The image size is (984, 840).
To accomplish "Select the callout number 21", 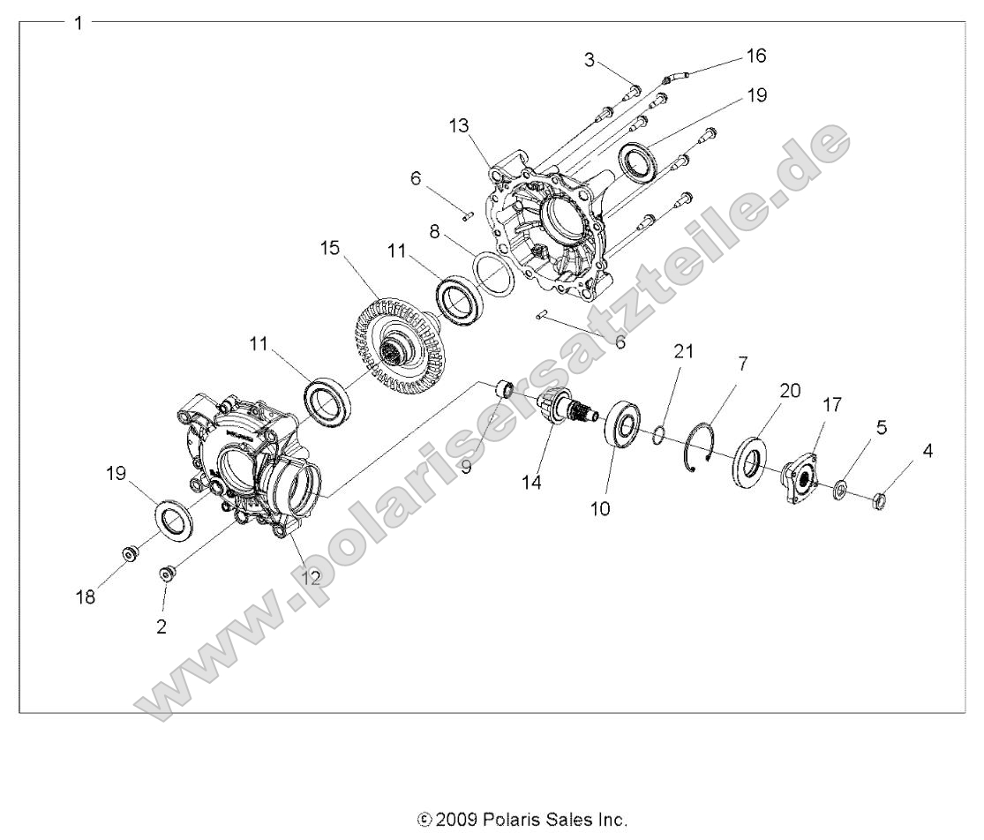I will (x=684, y=351).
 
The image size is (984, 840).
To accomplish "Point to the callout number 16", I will (x=756, y=56).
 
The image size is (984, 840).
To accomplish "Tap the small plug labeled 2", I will (x=165, y=574).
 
